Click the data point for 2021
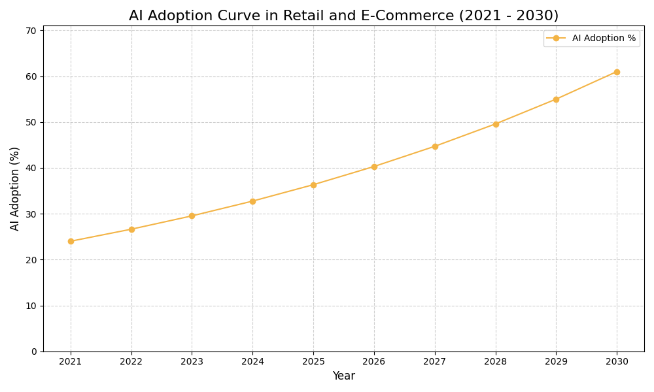point(71,241)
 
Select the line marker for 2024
point(252,201)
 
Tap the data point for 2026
point(374,167)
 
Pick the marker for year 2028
point(496,124)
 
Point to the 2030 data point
point(617,72)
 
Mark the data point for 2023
point(192,216)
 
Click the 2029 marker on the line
point(556,99)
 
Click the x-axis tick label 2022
point(131,361)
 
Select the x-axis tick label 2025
point(313,361)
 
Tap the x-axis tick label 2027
point(435,361)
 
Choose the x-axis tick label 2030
point(617,361)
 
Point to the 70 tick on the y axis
point(31,31)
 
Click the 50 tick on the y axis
point(31,122)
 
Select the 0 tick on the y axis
point(34,351)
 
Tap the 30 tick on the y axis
point(31,214)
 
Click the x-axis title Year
point(343,376)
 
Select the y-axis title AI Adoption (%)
point(15,188)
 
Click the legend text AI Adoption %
point(604,39)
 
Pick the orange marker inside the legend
point(556,39)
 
